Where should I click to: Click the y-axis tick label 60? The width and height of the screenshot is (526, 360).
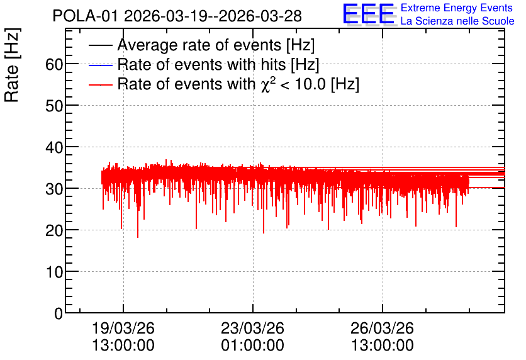coord(54,64)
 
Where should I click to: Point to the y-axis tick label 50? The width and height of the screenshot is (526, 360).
coord(54,106)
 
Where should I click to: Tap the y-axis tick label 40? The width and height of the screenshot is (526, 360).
coord(54,147)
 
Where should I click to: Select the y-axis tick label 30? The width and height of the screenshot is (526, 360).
coord(54,189)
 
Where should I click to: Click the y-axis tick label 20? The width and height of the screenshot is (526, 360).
coord(54,230)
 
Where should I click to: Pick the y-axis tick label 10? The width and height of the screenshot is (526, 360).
coord(54,272)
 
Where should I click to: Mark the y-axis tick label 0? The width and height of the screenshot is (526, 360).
coord(59,313)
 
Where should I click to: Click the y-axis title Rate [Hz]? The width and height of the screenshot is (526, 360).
coord(12,65)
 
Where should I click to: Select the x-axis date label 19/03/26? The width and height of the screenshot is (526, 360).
coord(123,328)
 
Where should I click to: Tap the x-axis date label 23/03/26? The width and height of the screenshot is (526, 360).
coord(252,328)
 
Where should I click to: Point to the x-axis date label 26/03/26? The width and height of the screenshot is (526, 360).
coord(382,328)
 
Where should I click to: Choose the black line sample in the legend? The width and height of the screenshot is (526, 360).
coord(100,45)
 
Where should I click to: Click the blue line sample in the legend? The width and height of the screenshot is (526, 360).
coord(100,65)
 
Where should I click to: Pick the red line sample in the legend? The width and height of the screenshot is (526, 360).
coord(100,84)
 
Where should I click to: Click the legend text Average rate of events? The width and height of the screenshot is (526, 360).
coord(199,45)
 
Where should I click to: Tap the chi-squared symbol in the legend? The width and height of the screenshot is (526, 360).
coord(266,85)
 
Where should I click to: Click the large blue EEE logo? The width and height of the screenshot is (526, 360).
coord(369,14)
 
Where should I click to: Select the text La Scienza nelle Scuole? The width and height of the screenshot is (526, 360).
coord(457,21)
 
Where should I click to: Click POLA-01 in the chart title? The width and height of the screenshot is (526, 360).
coord(85,16)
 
